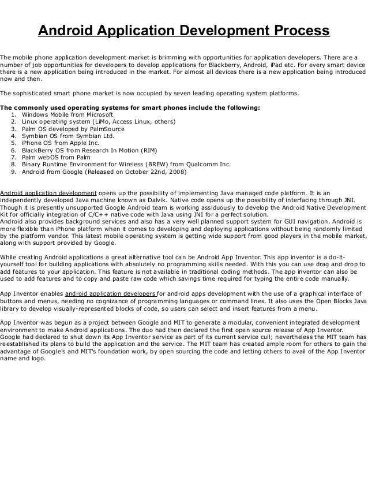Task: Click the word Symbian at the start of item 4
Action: [35, 139]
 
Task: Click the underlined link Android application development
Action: [48, 193]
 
